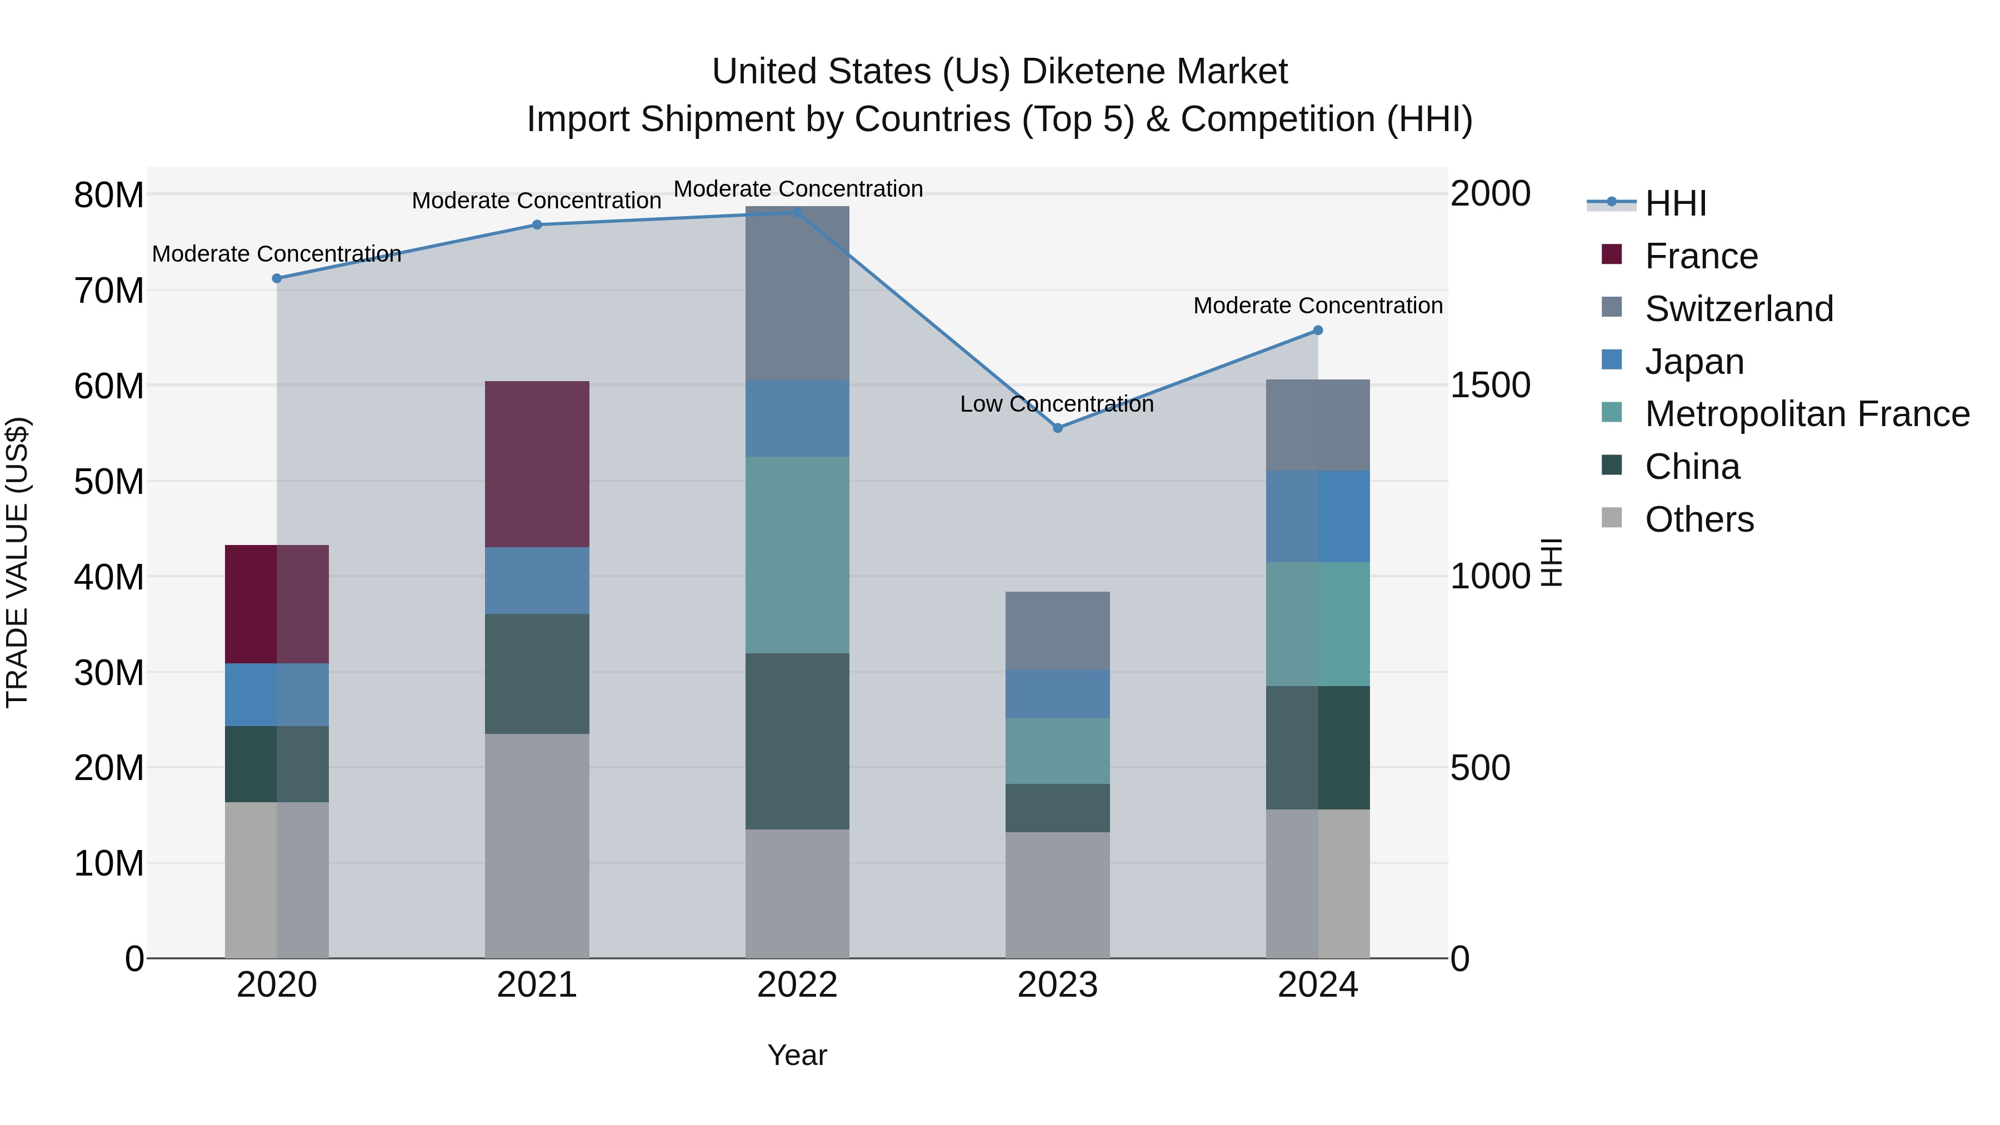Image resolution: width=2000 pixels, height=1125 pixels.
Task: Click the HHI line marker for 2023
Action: click(x=1057, y=428)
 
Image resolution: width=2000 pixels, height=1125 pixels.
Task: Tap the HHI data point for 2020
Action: click(x=277, y=279)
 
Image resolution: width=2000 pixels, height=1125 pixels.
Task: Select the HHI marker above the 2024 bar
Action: click(x=1318, y=331)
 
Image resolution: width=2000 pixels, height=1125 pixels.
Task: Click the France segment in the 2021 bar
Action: click(x=537, y=464)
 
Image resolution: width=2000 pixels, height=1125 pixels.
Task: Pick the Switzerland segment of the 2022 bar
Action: click(x=797, y=293)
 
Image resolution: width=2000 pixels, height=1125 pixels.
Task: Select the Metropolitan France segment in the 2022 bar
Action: click(x=797, y=554)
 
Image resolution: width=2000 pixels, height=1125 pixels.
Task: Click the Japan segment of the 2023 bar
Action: click(x=1057, y=694)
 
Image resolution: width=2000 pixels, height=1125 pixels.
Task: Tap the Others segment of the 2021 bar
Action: click(x=537, y=846)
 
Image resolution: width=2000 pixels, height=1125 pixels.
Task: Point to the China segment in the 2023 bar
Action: click(x=1057, y=808)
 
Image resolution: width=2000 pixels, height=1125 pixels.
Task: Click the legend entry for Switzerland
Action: click(x=1739, y=309)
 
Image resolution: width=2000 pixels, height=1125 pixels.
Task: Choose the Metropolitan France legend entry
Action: click(x=1807, y=414)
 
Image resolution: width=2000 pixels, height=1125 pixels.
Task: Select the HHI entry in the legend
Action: click(x=1676, y=203)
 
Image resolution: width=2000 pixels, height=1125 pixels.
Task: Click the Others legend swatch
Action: click(x=1612, y=518)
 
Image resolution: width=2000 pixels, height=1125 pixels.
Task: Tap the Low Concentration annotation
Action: click(x=1057, y=404)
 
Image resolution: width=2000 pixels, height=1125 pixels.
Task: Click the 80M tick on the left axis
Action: click(x=109, y=195)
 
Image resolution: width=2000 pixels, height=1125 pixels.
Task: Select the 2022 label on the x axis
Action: click(x=797, y=985)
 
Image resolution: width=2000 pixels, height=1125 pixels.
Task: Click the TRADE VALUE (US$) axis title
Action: click(x=17, y=562)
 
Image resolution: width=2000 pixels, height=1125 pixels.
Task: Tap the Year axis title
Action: click(x=797, y=1055)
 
